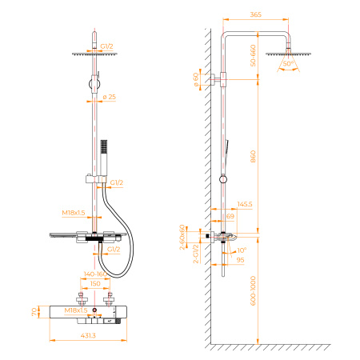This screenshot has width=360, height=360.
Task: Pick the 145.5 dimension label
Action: pyautogui.click(x=244, y=206)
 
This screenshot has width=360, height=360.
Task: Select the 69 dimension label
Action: pyautogui.click(x=230, y=216)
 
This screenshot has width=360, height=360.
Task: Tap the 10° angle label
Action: pyautogui.click(x=243, y=250)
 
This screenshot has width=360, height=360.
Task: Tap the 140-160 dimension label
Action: pyautogui.click(x=94, y=274)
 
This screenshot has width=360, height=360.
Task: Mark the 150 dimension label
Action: pyautogui.click(x=95, y=283)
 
